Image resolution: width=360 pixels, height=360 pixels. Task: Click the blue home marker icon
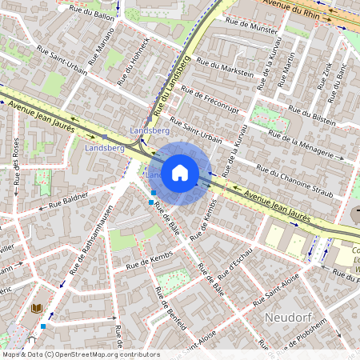point(180,171)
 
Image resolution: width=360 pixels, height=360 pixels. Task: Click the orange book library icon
point(36,308)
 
